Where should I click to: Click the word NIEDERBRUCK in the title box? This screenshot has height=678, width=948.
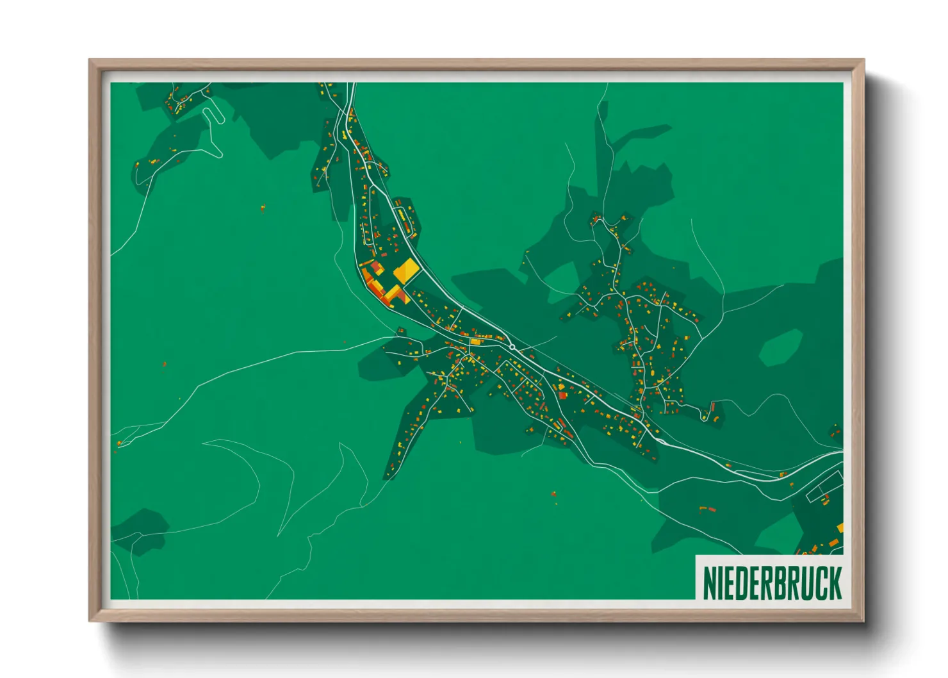[772, 583]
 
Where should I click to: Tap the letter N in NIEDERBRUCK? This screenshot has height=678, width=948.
[709, 583]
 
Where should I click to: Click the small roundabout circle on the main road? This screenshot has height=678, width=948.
[512, 347]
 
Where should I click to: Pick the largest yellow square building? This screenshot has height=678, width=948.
[406, 271]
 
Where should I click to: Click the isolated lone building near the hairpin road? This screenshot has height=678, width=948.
[263, 207]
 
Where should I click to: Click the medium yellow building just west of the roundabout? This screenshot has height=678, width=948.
[475, 342]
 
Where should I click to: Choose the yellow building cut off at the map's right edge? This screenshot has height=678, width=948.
[840, 527]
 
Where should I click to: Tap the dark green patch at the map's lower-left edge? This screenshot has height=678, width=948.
[138, 531]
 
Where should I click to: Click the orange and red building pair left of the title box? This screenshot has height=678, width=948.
[707, 509]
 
